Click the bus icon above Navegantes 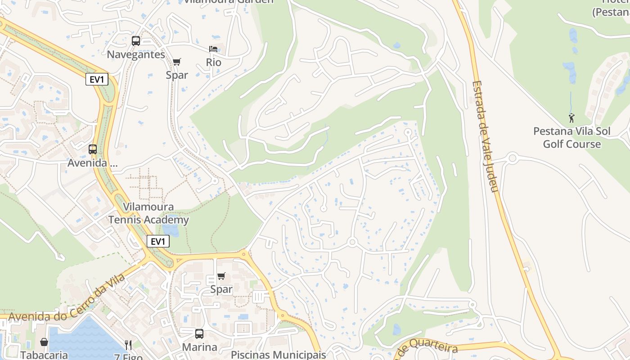pyautogui.click(x=136, y=41)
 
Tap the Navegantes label pyautogui.click(x=136, y=54)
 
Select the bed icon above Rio pyautogui.click(x=213, y=49)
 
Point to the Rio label pyautogui.click(x=214, y=62)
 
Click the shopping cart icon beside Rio pyautogui.click(x=177, y=62)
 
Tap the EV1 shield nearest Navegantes pyautogui.click(x=97, y=80)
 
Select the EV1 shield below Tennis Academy pyautogui.click(x=158, y=242)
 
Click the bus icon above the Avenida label pyautogui.click(x=93, y=149)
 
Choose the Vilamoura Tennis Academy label pyautogui.click(x=148, y=214)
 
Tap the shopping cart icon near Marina pyautogui.click(x=221, y=276)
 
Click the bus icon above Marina pyautogui.click(x=199, y=334)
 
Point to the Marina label pyautogui.click(x=199, y=347)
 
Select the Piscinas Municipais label pyautogui.click(x=278, y=355)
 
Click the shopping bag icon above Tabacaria pyautogui.click(x=44, y=342)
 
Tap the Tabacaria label pyautogui.click(x=44, y=355)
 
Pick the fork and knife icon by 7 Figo pyautogui.click(x=129, y=345)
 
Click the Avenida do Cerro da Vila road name pyautogui.click(x=67, y=297)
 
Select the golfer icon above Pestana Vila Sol pyautogui.click(x=571, y=118)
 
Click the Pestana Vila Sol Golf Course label pyautogui.click(x=572, y=138)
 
